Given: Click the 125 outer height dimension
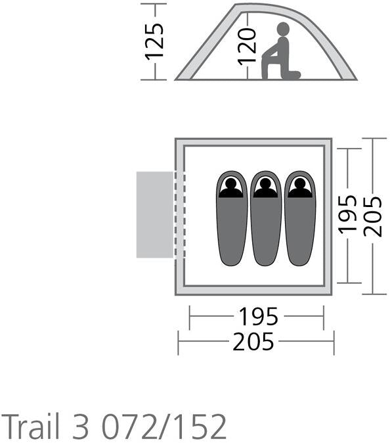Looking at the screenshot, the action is point(154,42).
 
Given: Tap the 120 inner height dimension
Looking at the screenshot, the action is point(247,47).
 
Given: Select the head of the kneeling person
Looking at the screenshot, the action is point(283,29).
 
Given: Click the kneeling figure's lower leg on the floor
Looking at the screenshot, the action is point(291,75).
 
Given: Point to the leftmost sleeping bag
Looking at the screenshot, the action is point(231,218).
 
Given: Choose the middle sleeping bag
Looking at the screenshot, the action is point(266,218).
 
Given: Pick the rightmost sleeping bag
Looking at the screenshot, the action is point(300,218).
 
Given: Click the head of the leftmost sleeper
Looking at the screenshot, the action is point(231,184).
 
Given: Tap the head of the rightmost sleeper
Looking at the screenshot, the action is point(299,184).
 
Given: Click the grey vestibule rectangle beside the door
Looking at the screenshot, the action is point(155,215).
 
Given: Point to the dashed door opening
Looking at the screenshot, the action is point(180,215).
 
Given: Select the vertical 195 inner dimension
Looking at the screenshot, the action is point(347,215).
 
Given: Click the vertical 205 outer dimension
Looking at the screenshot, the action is point(372,216).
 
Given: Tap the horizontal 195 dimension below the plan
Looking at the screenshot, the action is point(259,316).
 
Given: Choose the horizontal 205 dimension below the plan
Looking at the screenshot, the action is point(253,342).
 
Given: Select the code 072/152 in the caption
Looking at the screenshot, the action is point(163,425).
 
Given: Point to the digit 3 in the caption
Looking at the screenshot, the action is point(81,426).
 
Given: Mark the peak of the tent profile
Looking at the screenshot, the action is point(237,5).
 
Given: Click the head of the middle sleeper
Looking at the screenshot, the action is point(265,184).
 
